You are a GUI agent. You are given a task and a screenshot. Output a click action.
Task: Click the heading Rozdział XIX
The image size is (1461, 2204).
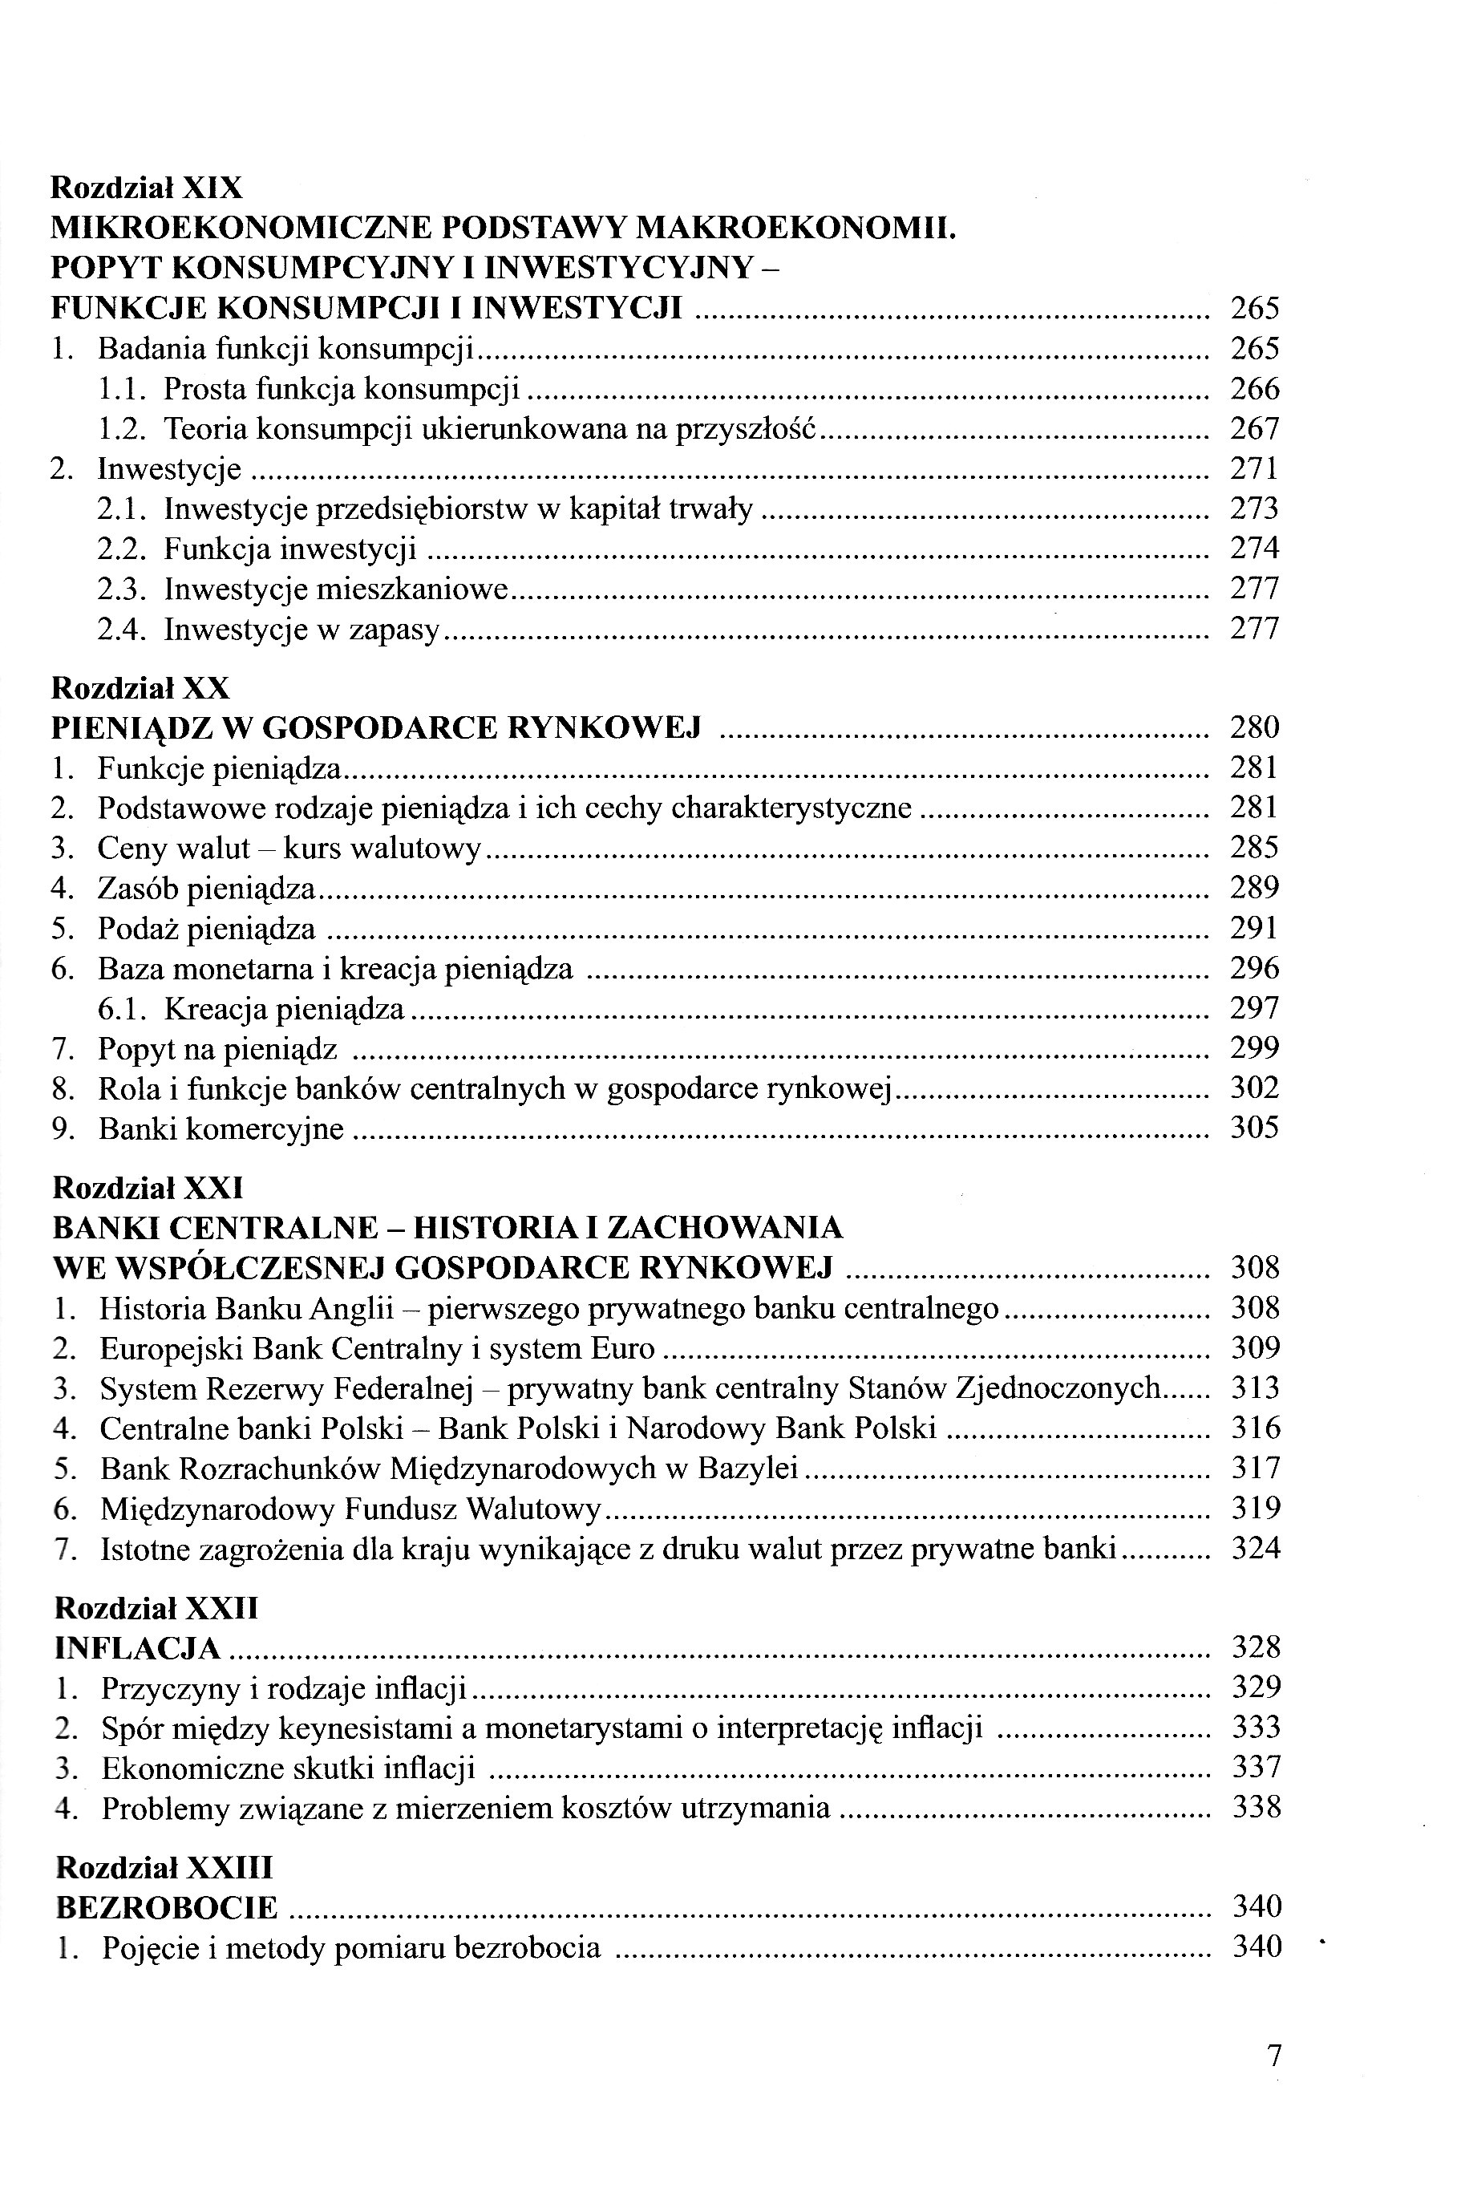point(146,188)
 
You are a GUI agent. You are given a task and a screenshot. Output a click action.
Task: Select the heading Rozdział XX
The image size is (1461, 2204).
point(140,688)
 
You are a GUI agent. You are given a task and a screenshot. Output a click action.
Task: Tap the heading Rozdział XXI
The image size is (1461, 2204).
point(148,1187)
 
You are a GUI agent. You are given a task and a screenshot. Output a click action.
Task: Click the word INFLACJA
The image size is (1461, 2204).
point(138,1648)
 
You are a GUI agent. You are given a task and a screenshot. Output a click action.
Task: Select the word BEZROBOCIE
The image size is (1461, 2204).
point(167,1908)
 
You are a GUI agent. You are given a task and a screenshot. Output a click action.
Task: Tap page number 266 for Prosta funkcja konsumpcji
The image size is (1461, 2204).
point(1255,389)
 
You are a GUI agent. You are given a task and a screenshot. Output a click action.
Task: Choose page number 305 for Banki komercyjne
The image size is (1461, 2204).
point(1255,1128)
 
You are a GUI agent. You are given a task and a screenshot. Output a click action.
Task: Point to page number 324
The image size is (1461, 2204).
point(1256,1549)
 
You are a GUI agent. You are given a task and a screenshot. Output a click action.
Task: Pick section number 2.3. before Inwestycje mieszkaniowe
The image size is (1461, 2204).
point(121,589)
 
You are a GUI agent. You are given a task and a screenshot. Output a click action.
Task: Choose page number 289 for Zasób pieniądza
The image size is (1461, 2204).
point(1255,888)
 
